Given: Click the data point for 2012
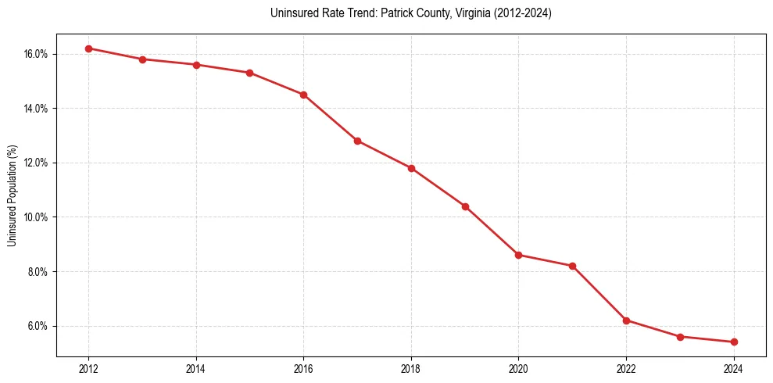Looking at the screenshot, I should click(x=88, y=48).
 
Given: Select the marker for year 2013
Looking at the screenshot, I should click(x=142, y=59).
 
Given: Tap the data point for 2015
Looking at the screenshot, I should click(x=249, y=73).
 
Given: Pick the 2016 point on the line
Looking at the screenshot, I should click(x=303, y=95).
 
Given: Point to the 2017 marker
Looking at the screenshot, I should click(x=357, y=141).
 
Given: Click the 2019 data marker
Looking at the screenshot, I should click(x=465, y=206).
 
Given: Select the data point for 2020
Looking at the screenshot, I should click(x=518, y=255).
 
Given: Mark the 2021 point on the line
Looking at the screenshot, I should click(x=572, y=266).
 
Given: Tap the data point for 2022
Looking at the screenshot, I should click(x=626, y=320).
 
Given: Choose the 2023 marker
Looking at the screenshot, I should click(x=680, y=337).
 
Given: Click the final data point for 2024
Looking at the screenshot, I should click(x=734, y=342).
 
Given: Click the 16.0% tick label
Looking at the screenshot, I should click(x=36, y=54).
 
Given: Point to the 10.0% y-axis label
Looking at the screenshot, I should click(x=36, y=217).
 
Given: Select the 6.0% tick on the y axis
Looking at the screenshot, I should click(x=38, y=326).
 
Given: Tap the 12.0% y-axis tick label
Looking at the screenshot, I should click(x=36, y=163).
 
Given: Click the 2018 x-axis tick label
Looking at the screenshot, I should click(x=411, y=368).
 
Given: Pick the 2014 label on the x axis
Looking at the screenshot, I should click(x=196, y=368).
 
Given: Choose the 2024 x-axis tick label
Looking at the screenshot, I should click(x=734, y=368).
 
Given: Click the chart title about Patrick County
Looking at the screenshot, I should click(x=410, y=13).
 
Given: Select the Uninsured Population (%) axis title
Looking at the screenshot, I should click(x=12, y=195).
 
